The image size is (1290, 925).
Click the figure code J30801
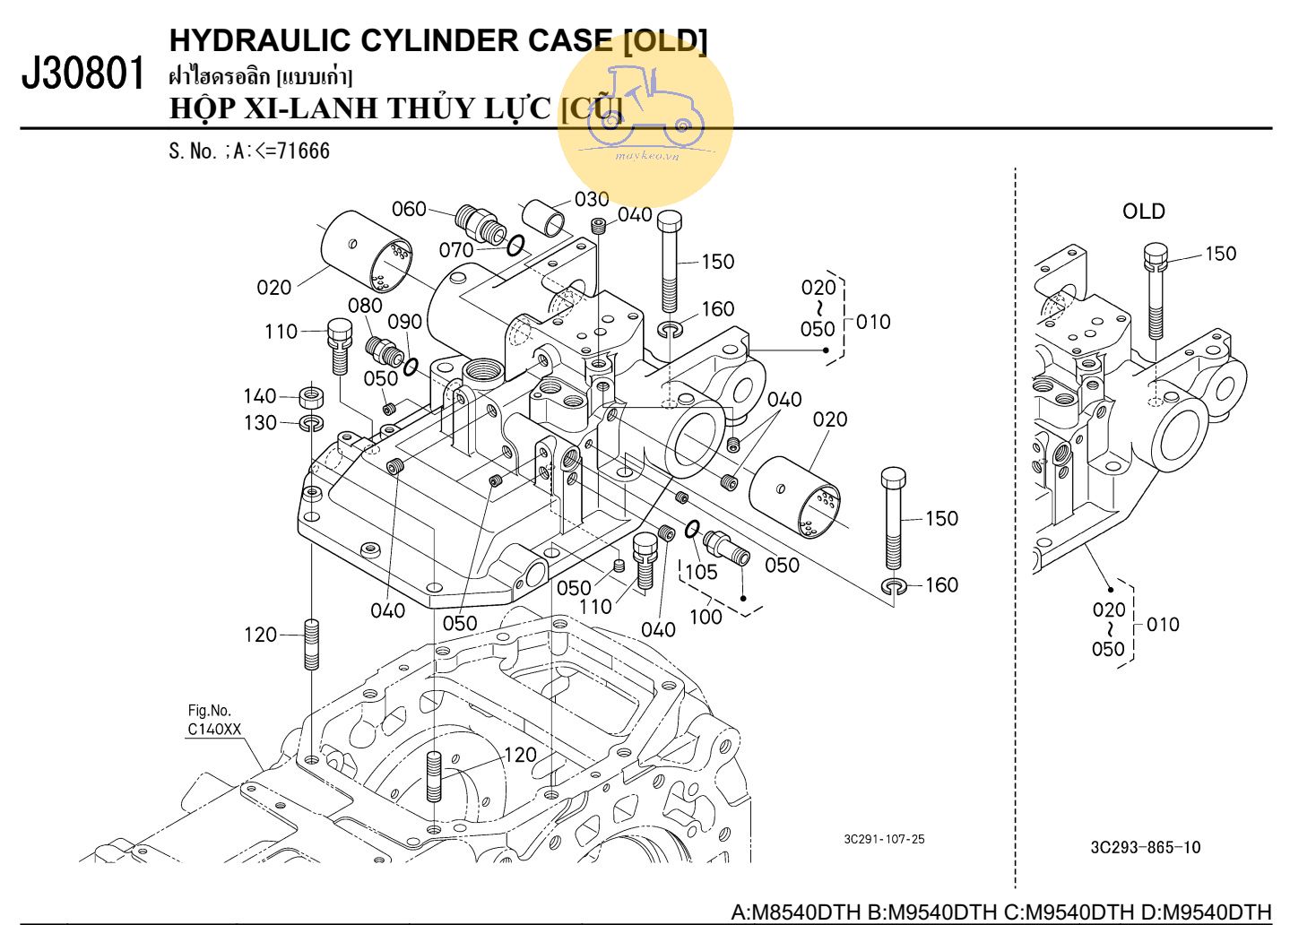(x=83, y=73)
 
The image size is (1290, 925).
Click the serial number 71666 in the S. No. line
(x=303, y=151)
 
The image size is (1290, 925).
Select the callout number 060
(x=409, y=209)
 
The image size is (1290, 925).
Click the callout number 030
(x=592, y=199)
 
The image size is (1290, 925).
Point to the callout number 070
(x=456, y=248)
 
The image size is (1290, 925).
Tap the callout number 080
(x=365, y=306)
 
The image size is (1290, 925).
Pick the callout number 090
(x=404, y=322)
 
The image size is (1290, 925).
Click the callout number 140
(x=260, y=396)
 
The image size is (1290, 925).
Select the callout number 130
(x=260, y=422)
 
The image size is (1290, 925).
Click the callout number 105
(x=701, y=572)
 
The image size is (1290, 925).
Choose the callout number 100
(x=706, y=617)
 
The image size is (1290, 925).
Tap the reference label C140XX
(x=214, y=730)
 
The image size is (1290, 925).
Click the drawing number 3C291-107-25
(x=884, y=840)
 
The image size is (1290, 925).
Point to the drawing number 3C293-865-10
(x=1145, y=848)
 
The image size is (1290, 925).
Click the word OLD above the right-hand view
(x=1143, y=212)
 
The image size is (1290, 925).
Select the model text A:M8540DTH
(x=796, y=912)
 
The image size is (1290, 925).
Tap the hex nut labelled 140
(x=312, y=395)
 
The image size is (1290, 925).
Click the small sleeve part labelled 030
(x=544, y=217)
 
